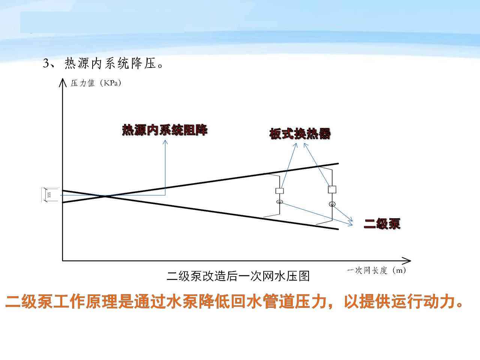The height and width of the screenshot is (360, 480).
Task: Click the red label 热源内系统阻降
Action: coord(165,130)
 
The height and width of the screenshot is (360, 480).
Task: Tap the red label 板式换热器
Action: coord(300,133)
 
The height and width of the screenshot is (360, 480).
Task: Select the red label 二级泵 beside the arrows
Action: coord(382,224)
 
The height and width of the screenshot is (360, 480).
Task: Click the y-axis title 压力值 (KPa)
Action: coord(96,83)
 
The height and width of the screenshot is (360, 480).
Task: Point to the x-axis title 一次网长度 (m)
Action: coord(376,270)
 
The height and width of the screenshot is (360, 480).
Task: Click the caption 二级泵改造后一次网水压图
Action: coord(238,276)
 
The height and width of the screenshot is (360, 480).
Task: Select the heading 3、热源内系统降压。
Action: coord(103,63)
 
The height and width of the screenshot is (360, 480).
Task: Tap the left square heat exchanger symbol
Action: coord(279,191)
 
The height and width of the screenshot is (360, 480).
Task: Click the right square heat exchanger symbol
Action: coord(332,189)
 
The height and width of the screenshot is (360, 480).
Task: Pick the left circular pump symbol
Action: coord(279,202)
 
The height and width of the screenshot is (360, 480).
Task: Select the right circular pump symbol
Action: coord(332,204)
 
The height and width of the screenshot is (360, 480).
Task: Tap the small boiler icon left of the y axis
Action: coord(49,195)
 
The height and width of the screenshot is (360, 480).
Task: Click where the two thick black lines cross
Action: coord(106,196)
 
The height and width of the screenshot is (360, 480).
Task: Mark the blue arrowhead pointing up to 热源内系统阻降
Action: coord(165,142)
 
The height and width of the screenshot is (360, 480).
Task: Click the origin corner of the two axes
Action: coord(63,260)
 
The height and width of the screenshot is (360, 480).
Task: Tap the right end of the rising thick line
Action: coord(338,163)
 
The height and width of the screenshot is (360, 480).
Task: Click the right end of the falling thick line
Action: coord(338,229)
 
